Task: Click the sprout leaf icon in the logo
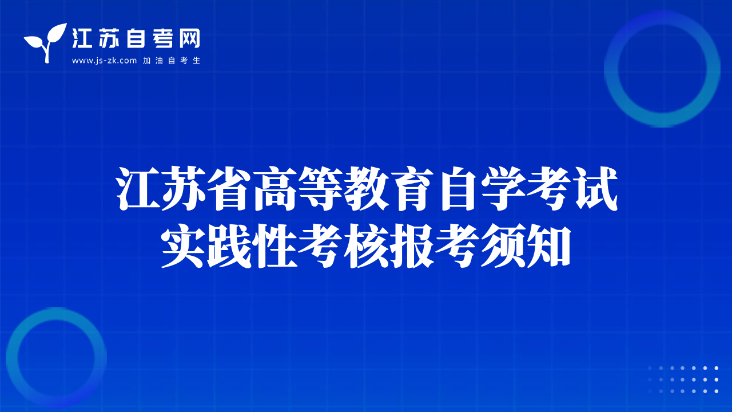coord(45,42)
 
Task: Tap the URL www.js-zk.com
coord(104,61)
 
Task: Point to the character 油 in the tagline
coord(159,61)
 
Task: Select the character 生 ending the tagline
coord(196,61)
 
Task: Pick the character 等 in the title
coord(321,188)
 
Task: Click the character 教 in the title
coord(367,188)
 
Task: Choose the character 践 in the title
coord(229,246)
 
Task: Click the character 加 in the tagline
coord(147,61)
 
